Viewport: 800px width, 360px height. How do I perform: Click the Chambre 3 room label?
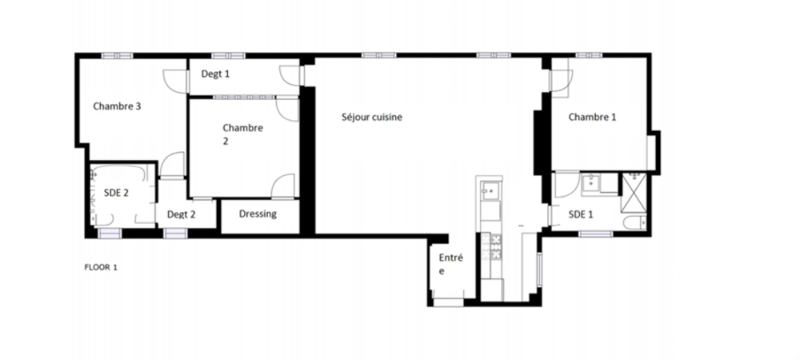(x=118, y=106)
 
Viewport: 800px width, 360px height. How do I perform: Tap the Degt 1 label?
(x=215, y=74)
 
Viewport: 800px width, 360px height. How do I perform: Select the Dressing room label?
(x=258, y=214)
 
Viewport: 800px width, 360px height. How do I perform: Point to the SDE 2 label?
(x=117, y=192)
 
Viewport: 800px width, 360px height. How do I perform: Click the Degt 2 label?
(x=181, y=214)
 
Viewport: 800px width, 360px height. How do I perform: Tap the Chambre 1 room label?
(x=592, y=117)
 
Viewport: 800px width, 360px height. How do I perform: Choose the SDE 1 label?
(x=581, y=214)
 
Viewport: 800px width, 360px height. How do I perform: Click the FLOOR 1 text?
(x=101, y=267)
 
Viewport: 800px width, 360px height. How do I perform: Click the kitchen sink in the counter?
(x=489, y=192)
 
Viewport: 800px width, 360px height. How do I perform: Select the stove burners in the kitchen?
(x=489, y=248)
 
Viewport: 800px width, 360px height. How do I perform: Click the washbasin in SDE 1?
(x=593, y=182)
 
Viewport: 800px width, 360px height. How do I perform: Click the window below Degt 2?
(x=174, y=233)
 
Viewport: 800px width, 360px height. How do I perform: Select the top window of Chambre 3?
(x=114, y=56)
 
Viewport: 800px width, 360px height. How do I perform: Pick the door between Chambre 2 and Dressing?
(x=282, y=187)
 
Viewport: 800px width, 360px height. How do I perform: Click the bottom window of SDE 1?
(x=595, y=234)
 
